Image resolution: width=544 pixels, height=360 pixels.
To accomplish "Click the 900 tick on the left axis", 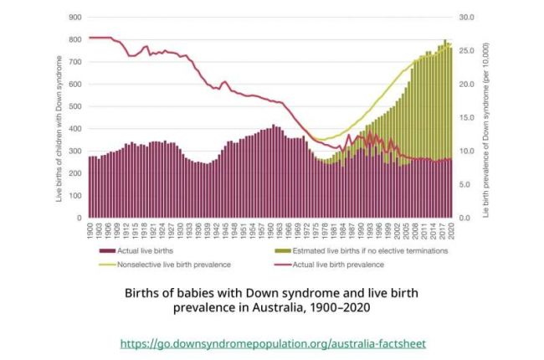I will tap(75, 18).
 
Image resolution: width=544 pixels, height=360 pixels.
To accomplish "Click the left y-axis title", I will tap(59, 117).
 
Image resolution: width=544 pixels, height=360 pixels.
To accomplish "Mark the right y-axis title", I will tap(488, 117).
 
